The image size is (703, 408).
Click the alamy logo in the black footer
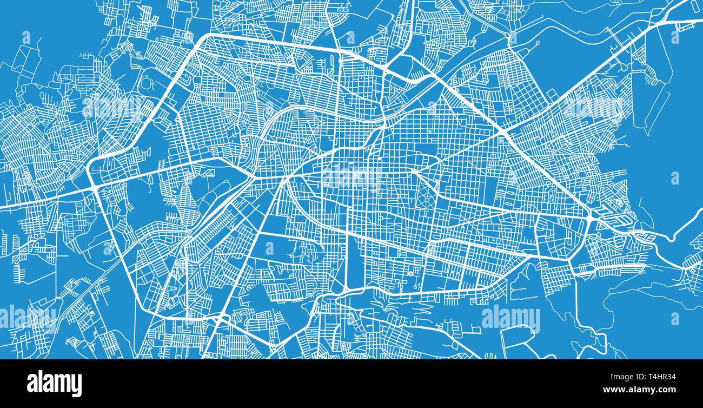click(54, 383)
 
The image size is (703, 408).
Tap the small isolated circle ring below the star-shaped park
click(410, 273)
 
